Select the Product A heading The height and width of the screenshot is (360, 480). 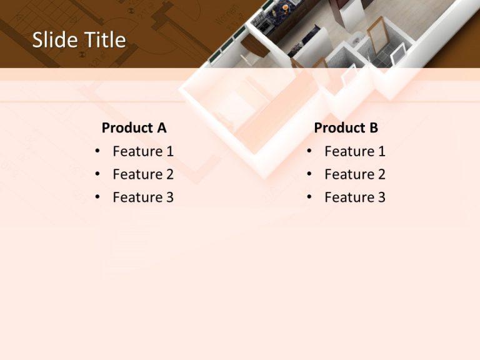point(134,128)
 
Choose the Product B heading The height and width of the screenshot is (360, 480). point(346,128)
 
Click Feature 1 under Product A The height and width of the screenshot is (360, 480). point(143,151)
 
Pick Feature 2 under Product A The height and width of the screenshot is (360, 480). point(143,174)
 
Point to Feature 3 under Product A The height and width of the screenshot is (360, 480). point(143,197)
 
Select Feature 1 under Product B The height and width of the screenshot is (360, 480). point(355,151)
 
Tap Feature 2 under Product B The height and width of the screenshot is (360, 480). point(355,174)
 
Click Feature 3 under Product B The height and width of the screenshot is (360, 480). point(355,197)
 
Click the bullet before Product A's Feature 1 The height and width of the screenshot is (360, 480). point(97,152)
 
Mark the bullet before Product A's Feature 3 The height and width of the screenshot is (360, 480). point(97,198)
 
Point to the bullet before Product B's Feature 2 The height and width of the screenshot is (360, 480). point(309,175)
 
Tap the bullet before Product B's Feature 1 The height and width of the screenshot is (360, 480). point(309,152)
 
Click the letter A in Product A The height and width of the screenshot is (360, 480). point(161,128)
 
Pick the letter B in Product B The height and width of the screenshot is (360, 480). point(373,128)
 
